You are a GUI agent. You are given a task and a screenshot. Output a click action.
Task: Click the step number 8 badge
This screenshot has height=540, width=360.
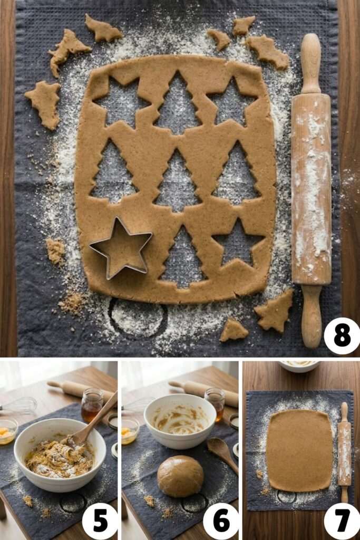(x=342, y=336)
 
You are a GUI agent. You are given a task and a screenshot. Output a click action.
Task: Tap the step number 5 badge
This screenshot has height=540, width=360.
(x=100, y=521)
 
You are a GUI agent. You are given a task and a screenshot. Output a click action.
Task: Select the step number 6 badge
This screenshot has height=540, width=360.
(x=221, y=521)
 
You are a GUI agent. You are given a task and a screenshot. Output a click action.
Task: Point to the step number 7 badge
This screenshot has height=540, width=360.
(x=342, y=521)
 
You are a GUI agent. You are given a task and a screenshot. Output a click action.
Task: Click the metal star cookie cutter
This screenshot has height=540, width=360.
(x=121, y=248)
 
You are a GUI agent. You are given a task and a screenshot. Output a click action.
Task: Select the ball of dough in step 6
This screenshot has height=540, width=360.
(x=181, y=476)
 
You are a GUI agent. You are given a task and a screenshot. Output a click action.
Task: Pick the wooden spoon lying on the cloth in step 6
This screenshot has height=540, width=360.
(x=222, y=451)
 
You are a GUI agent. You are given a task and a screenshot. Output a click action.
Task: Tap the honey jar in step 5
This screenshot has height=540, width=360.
(x=92, y=405)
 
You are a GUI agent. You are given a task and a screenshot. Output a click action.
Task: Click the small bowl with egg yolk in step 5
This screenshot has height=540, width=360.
(x=7, y=430)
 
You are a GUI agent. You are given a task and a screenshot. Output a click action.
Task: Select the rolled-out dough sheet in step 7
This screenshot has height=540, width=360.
(x=299, y=450)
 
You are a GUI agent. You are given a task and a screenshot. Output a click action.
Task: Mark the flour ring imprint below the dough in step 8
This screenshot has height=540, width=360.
(x=138, y=317)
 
